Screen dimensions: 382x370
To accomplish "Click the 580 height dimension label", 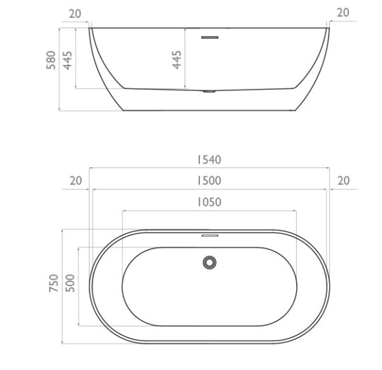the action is point(51,60).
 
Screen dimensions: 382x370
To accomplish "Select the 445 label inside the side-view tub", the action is point(176,60).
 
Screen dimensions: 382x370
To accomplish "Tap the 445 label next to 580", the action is point(67,60).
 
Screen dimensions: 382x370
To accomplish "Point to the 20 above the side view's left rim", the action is point(74,14).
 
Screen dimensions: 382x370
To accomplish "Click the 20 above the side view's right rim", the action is point(343,13).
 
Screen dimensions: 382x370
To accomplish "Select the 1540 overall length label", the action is point(209,160).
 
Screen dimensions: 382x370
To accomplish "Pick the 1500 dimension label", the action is point(209,181).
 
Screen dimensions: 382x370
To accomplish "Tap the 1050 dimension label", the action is point(209,202).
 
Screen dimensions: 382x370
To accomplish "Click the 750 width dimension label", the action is point(54,283).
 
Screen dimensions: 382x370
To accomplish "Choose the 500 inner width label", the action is point(70,283).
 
